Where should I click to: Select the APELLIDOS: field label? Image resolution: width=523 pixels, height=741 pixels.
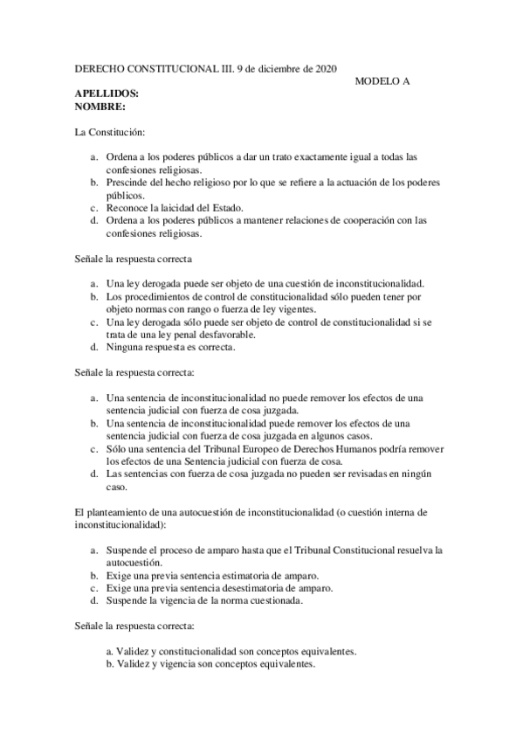[x=107, y=93]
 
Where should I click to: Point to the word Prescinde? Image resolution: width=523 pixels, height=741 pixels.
[x=127, y=182]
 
